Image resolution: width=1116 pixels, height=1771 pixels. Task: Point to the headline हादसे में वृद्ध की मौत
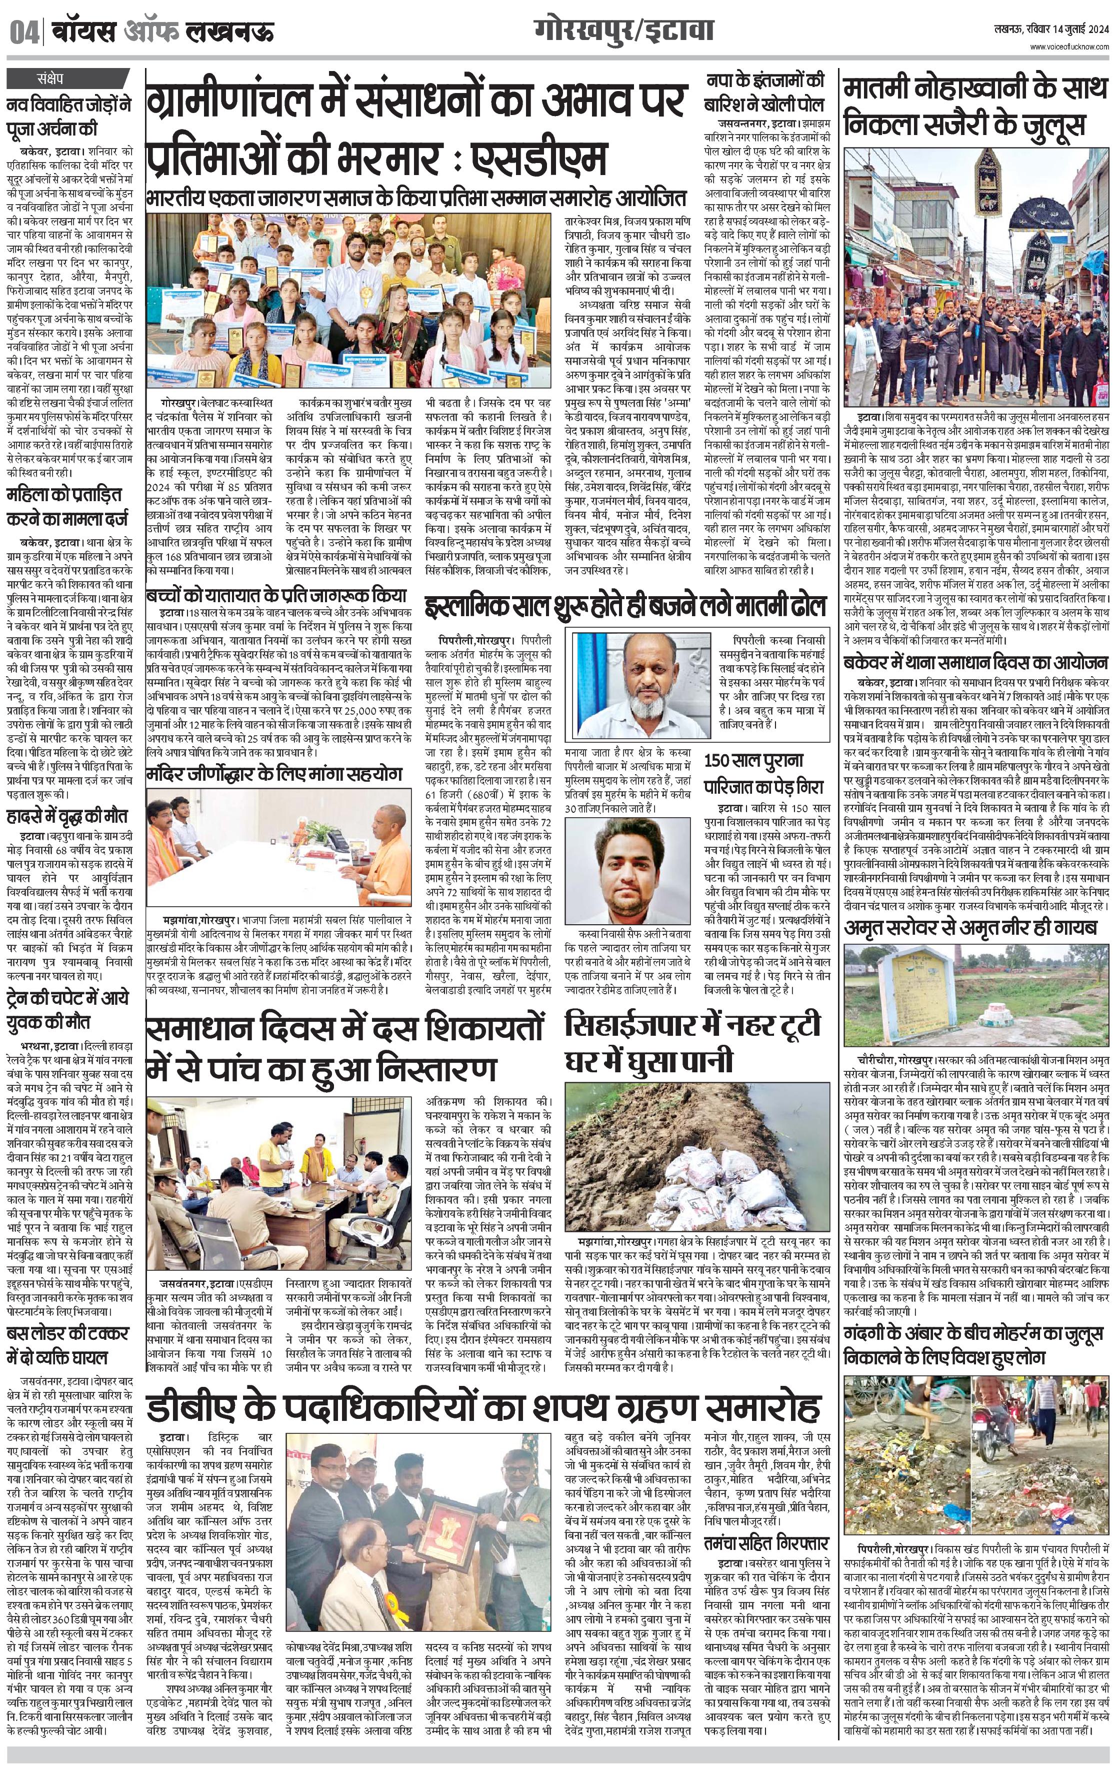(67, 816)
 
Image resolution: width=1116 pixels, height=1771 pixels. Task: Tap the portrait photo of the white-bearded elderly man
(642, 674)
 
